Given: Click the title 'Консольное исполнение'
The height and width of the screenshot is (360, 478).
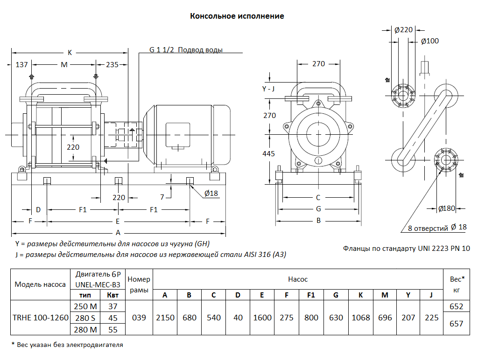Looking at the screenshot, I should click(x=237, y=16).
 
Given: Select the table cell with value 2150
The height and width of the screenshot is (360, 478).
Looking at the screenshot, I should click(x=165, y=318).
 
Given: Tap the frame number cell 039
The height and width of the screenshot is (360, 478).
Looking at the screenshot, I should click(x=139, y=318).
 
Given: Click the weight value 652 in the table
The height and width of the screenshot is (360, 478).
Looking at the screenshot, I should click(x=456, y=306).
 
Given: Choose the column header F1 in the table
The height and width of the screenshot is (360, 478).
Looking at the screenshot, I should click(x=311, y=295).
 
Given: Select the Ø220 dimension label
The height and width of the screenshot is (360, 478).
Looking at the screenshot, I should click(x=403, y=30).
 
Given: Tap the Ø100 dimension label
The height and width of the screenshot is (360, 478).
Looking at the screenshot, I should click(x=429, y=41).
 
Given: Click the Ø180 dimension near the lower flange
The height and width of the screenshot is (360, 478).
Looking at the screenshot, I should click(x=447, y=208).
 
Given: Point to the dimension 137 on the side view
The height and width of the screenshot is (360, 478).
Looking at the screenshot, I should click(x=22, y=64).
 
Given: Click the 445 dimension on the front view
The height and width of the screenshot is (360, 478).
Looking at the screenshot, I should click(x=269, y=153).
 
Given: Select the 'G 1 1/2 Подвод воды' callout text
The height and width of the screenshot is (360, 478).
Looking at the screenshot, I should click(x=186, y=50).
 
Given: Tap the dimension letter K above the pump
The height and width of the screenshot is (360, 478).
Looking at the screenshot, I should click(x=70, y=52).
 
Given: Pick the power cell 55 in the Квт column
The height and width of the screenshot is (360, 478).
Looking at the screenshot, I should click(x=112, y=329).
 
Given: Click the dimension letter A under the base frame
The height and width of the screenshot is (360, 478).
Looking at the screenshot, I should click(x=118, y=232).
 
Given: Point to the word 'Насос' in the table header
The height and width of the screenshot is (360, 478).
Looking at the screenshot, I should click(x=298, y=279).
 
